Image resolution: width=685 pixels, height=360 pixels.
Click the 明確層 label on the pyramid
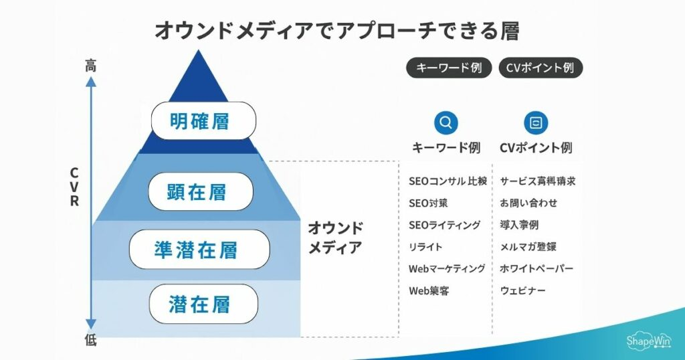pos(203,121)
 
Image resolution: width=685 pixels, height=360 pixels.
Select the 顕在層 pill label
pos(200,192)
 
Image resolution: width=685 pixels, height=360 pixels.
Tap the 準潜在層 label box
pos(199,250)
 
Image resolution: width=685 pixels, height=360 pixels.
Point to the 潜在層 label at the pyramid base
pos(203,304)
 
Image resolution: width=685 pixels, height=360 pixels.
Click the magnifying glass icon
pos(446,123)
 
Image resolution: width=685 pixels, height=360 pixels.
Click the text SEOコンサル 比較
pos(447,181)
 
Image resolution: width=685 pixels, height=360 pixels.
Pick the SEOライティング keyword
pos(444,226)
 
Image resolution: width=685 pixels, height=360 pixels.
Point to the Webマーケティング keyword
pos(446,269)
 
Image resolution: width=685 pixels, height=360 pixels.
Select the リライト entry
pos(425,248)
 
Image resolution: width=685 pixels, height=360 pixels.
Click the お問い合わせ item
pos(528,203)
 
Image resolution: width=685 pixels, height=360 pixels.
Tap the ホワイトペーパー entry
pos(536,269)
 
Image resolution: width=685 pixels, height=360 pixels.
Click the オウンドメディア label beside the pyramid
pos(335,238)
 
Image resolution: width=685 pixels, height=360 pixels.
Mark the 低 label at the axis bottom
pos(91,341)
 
